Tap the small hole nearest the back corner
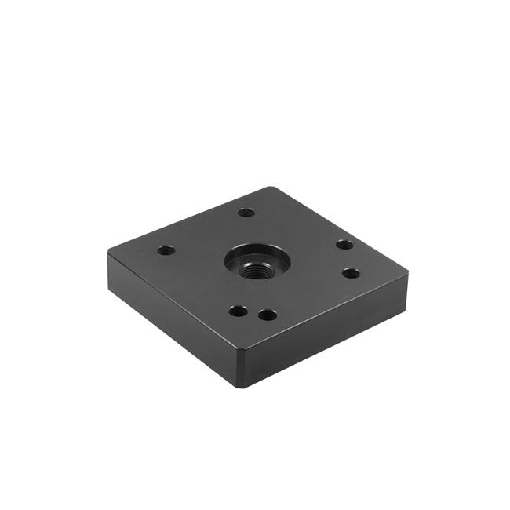246,213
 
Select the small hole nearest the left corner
166,251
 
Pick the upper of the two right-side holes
344,245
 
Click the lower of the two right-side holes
352,273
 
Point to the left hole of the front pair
238,311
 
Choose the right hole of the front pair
268,315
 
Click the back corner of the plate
271,188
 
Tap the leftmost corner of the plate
109,253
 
